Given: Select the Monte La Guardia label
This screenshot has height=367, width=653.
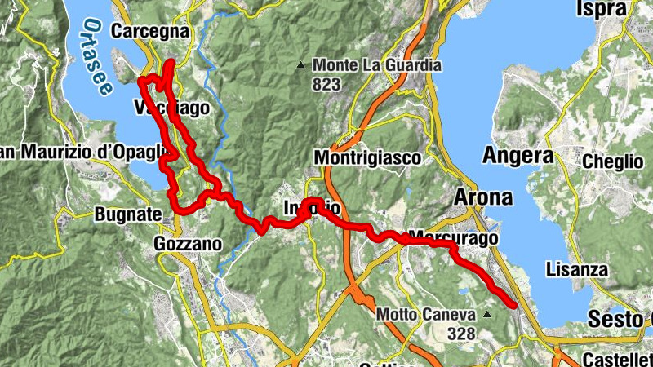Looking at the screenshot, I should point(377,65).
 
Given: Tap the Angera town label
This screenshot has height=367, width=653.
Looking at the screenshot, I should point(518,154).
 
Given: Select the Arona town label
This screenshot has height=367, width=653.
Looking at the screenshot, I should point(482,197).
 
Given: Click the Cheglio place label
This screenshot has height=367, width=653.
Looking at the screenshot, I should point(613,161).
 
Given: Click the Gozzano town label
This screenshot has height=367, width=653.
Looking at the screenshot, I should point(188,243).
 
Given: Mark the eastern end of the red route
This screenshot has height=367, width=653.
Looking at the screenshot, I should point(513,305).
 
